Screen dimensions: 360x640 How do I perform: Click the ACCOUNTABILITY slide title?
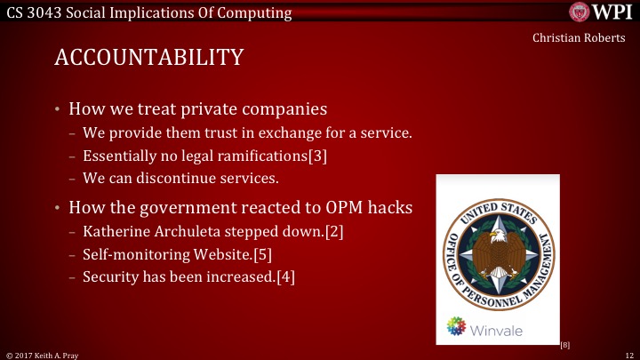click(148, 57)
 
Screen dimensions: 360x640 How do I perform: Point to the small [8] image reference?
click(564, 344)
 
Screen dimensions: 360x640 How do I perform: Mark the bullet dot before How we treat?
click(59, 110)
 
